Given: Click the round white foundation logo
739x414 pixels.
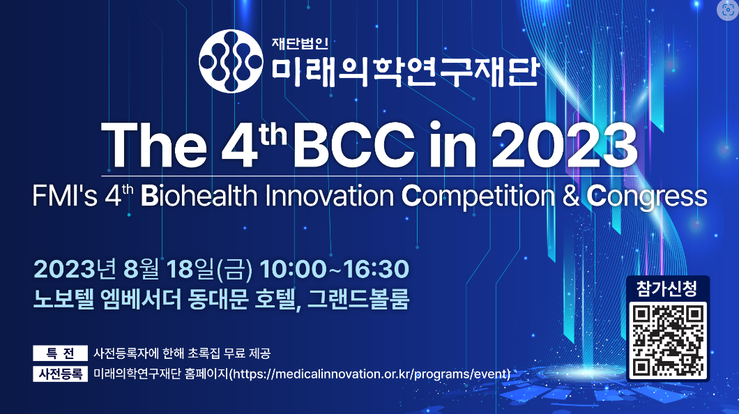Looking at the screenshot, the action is click(231, 61).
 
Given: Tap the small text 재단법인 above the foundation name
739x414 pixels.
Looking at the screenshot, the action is click(300, 43).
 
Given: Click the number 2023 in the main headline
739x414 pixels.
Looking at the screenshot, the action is click(565, 145).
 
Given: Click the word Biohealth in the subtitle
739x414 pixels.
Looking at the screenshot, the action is click(199, 196).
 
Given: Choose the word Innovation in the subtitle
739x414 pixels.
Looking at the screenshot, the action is click(330, 196).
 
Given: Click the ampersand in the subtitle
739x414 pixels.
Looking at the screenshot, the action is click(571, 196).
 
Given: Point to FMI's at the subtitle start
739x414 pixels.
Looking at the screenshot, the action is click(65, 196).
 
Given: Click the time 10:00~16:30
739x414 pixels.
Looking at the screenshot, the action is click(334, 270).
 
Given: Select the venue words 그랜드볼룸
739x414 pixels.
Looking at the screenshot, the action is click(358, 299).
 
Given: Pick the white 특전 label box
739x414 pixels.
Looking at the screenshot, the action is click(61, 353).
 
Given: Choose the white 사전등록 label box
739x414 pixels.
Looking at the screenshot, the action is click(61, 374).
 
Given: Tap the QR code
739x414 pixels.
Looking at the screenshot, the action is click(668, 339).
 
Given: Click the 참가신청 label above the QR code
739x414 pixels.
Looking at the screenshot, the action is click(667, 289).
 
